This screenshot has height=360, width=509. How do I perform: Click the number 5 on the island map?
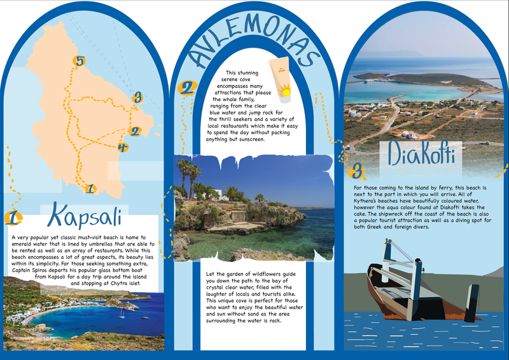[80, 62]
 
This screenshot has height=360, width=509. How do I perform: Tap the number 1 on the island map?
[90, 188]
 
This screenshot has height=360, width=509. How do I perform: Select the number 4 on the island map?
[123, 148]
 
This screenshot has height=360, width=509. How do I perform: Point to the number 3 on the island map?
[137, 97]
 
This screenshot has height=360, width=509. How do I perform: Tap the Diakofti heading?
[422, 155]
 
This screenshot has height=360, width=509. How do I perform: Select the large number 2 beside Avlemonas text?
[186, 88]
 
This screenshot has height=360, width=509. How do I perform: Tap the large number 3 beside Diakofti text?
[358, 170]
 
